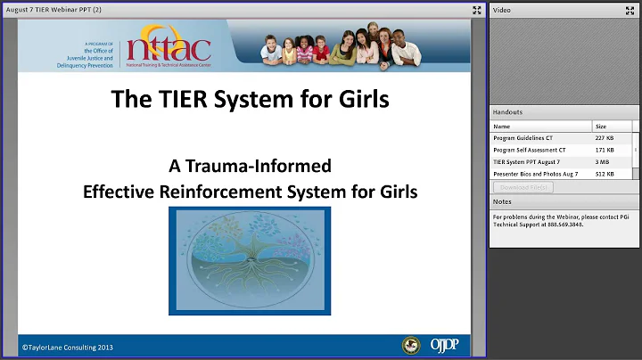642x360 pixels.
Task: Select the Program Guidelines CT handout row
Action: point(534,138)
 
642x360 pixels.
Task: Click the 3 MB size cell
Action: point(603,162)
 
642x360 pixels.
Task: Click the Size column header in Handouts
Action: point(600,127)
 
